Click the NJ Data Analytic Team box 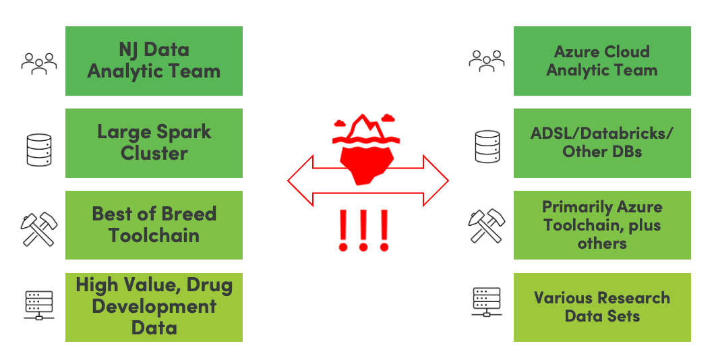(x=154, y=61)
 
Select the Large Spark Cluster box (x=154, y=143)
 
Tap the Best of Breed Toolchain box (x=154, y=225)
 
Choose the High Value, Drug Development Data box (x=154, y=307)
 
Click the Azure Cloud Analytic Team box (x=602, y=61)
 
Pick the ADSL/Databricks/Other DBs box (x=602, y=143)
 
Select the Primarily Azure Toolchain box (x=602, y=225)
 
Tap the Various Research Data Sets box (x=602, y=307)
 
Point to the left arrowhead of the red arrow (x=300, y=181)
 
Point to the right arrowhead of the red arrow (x=436, y=181)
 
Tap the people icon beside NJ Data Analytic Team (x=39, y=62)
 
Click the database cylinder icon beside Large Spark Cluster (x=39, y=148)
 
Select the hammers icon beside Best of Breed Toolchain (x=39, y=228)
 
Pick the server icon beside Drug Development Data (x=39, y=305)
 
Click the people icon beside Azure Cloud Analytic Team (x=486, y=60)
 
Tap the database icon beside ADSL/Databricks (x=487, y=146)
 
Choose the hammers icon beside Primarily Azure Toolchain (x=487, y=226)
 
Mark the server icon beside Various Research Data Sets (x=487, y=303)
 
